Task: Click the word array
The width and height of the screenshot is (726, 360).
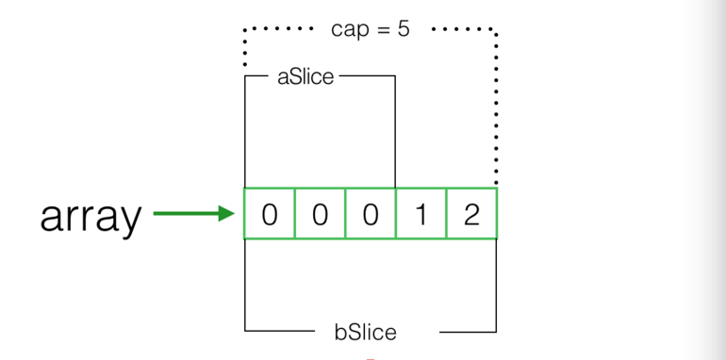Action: coord(91,217)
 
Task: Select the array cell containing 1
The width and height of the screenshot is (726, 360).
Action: coord(421,214)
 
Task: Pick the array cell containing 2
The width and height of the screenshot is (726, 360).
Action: coord(471,214)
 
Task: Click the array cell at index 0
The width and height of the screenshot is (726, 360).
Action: coord(270,214)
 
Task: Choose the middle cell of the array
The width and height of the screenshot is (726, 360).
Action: coord(371,214)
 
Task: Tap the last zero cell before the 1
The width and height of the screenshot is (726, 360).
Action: coord(371,214)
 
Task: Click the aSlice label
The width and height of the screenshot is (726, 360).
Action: coord(305,77)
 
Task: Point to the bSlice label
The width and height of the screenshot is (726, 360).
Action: coord(366,332)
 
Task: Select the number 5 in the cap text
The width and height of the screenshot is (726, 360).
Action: coord(404,29)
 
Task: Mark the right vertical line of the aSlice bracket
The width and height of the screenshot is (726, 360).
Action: coord(395,132)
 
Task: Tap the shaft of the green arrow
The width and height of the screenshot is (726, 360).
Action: coord(185,214)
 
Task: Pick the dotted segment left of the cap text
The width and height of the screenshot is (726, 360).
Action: coord(279,29)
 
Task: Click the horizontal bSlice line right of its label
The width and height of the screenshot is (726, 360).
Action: coord(468,332)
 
